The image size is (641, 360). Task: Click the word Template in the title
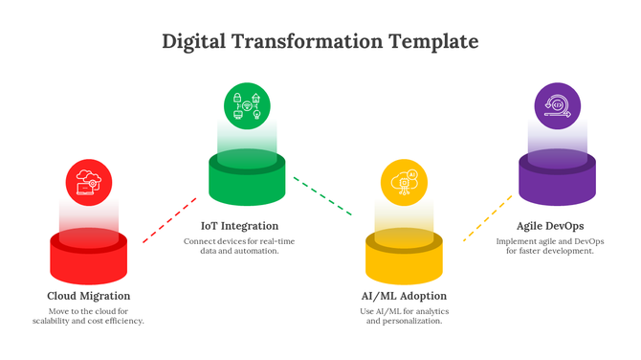[x=432, y=42]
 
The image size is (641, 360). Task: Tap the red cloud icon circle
[x=89, y=182]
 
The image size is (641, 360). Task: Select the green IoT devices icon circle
[x=247, y=105]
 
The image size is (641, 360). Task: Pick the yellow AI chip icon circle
[x=404, y=182]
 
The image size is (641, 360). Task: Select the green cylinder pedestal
[x=247, y=180]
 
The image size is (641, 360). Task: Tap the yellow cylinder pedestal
[x=404, y=257]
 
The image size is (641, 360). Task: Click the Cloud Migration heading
[x=89, y=296]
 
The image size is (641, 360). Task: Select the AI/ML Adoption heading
[x=404, y=296]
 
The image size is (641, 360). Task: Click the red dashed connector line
[x=169, y=220]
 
